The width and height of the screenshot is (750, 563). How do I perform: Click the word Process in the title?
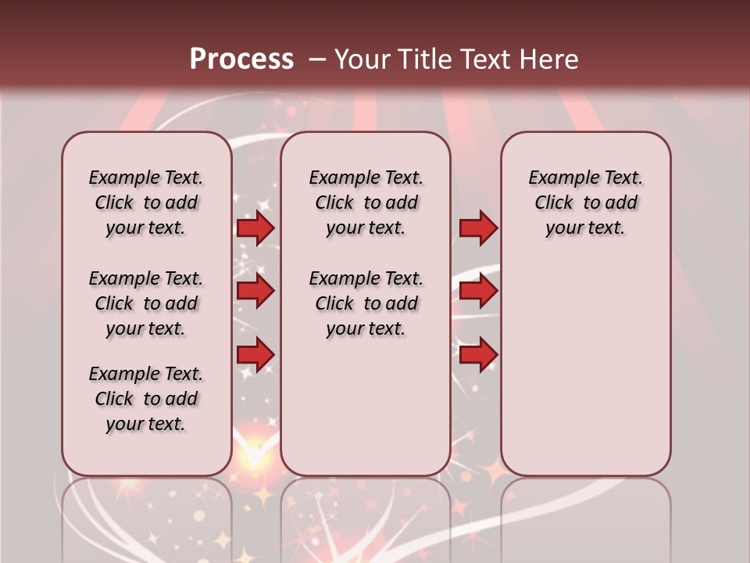point(241,59)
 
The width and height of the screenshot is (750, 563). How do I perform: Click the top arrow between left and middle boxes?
point(255,228)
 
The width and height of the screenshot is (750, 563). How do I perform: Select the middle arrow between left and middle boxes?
point(255,292)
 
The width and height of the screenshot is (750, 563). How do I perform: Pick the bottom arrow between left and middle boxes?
point(255,354)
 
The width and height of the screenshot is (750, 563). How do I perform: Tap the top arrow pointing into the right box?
point(478,228)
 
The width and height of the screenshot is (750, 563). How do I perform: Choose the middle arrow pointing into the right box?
point(478,292)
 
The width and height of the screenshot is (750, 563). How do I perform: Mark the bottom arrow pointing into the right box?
point(478,355)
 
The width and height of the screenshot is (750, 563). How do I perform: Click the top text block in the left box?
point(146,203)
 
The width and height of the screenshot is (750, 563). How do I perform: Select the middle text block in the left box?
point(146,303)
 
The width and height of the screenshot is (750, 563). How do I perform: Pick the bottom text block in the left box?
point(146,399)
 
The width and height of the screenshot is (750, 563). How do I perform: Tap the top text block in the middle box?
point(366,203)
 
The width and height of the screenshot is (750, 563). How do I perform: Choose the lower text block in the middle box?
point(366,303)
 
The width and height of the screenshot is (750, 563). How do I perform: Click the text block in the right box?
point(585,203)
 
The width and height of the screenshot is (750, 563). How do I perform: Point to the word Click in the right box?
point(554,203)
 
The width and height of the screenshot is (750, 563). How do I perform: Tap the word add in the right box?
point(621,203)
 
